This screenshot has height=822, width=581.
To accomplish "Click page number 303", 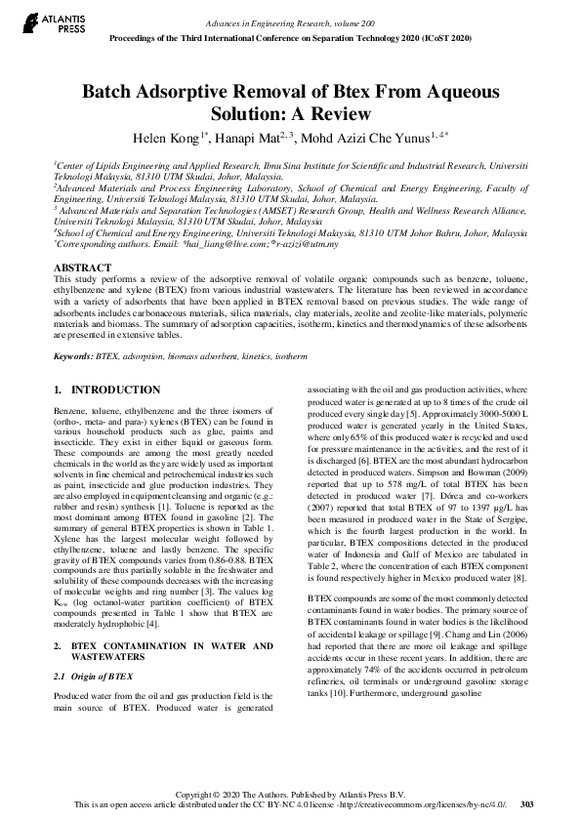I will [x=527, y=804].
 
